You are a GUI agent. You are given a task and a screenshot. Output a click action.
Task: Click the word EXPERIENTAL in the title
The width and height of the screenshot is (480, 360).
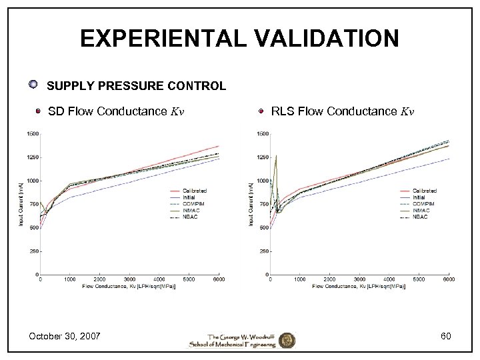155,38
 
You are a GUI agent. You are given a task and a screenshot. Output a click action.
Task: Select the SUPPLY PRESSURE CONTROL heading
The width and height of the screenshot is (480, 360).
136,86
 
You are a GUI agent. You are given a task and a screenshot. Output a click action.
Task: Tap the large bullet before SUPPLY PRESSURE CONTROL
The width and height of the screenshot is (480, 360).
33,85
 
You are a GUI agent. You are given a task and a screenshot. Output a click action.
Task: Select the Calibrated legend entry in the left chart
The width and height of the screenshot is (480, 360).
194,191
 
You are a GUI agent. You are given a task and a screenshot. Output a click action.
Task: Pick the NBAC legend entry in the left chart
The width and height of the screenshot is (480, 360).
191,217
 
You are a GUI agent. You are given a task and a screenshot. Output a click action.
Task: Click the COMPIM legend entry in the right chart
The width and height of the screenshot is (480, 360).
423,204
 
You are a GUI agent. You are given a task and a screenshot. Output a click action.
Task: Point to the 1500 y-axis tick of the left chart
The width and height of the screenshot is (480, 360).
32,133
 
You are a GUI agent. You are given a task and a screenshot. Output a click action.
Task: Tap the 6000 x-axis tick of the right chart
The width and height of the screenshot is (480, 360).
449,279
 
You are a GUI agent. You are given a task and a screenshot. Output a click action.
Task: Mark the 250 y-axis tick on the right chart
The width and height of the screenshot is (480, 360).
263,251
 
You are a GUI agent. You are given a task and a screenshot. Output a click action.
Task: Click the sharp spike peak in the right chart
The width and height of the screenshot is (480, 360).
276,156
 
